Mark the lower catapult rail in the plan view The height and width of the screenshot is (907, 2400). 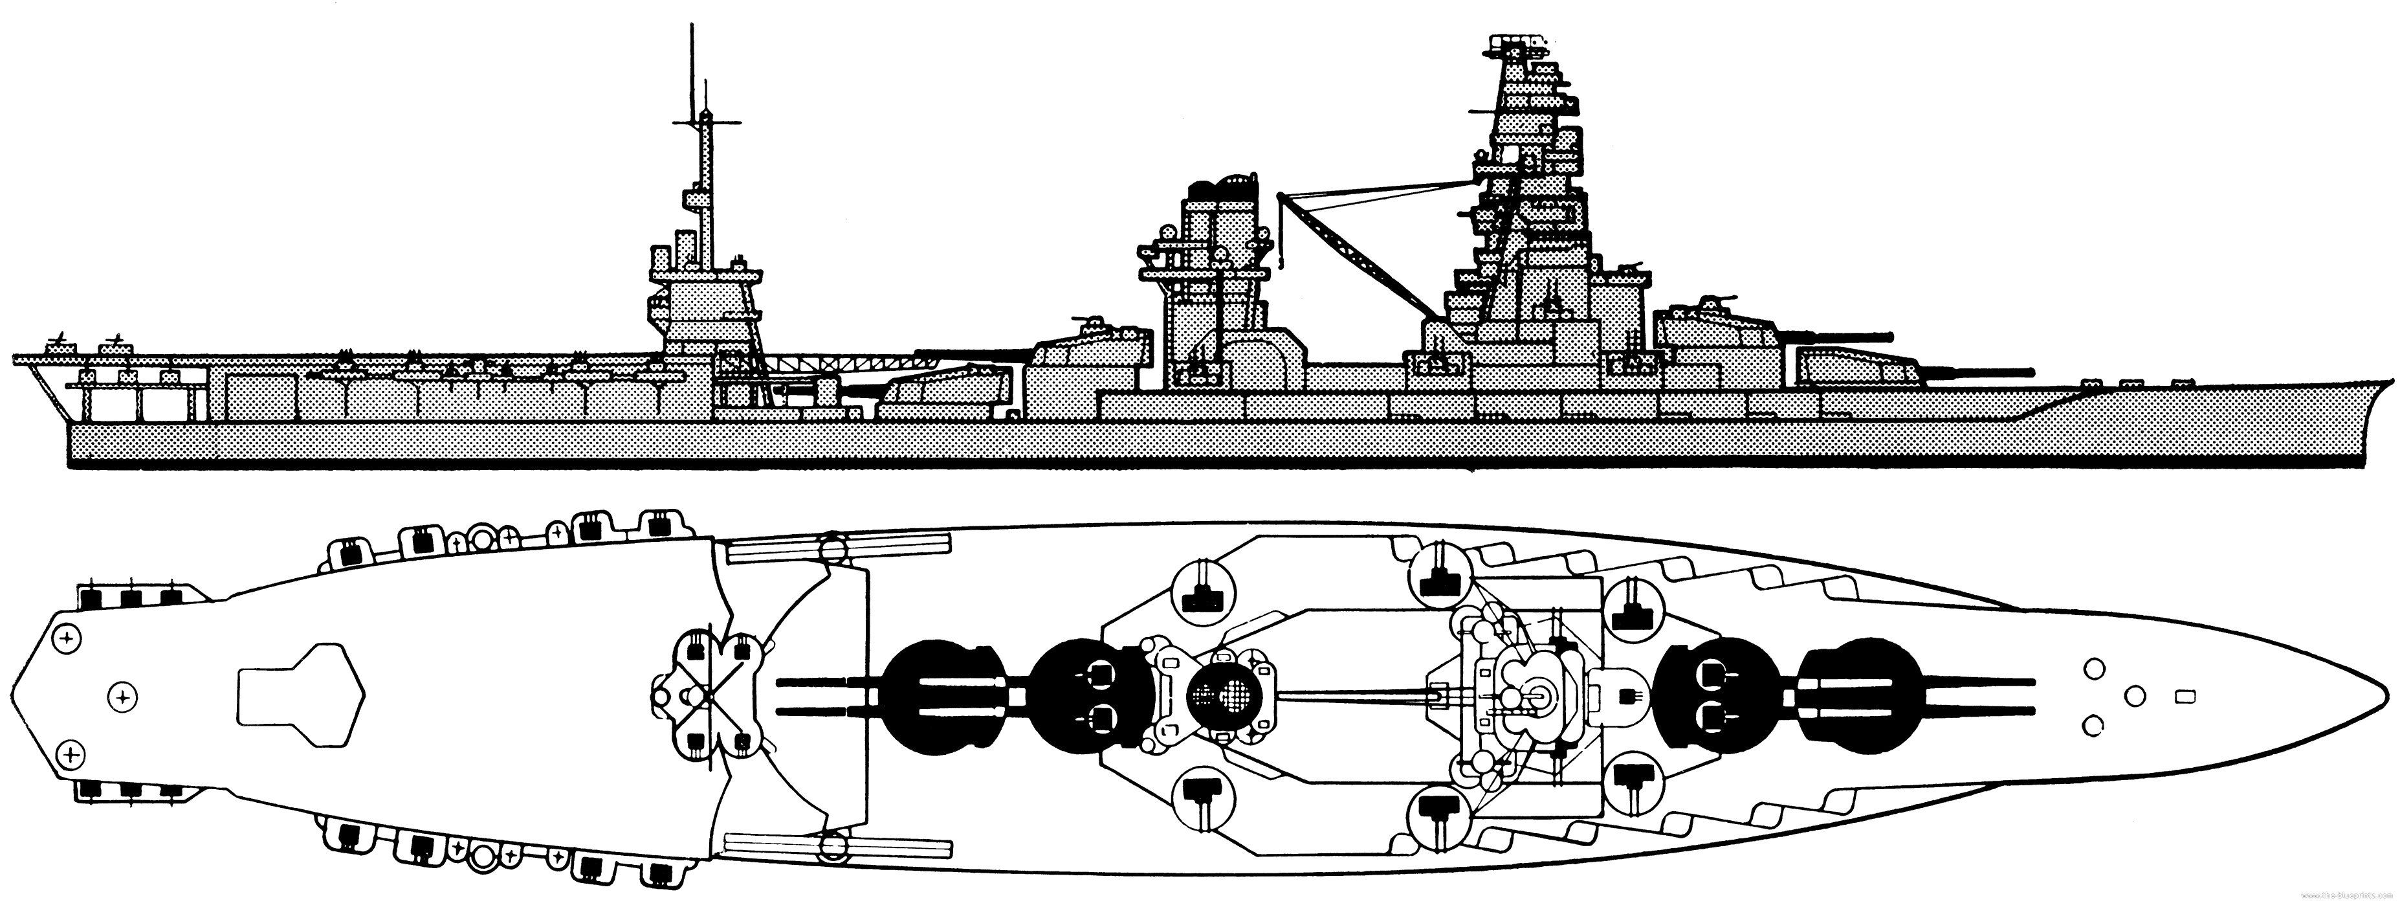pos(839,846)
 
